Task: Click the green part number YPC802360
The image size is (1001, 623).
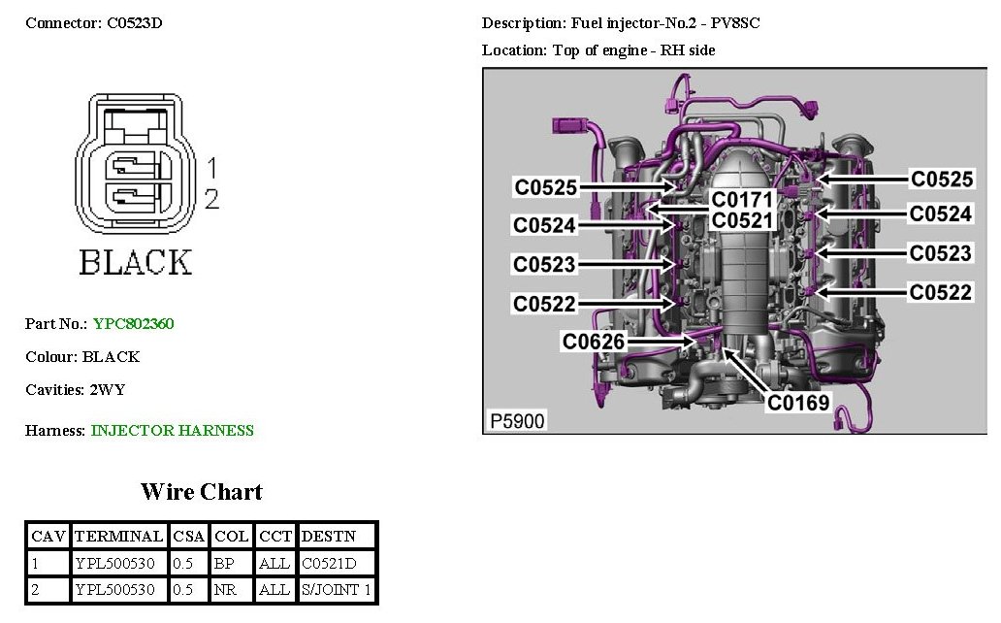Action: [134, 324]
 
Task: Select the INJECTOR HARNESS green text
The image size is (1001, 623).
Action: [173, 430]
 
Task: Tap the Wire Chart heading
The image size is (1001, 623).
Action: [202, 491]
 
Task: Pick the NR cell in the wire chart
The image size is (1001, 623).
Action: [224, 590]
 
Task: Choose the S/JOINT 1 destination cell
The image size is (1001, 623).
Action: [337, 590]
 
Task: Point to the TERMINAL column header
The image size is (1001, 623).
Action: [118, 536]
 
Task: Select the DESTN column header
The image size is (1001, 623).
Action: [329, 536]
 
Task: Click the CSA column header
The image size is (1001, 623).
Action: [188, 536]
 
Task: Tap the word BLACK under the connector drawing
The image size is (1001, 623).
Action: [135, 262]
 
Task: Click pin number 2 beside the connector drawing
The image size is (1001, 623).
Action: [211, 200]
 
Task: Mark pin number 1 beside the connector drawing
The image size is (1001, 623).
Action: [211, 169]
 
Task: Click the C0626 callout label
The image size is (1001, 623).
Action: [594, 342]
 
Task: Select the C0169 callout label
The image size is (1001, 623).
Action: [798, 402]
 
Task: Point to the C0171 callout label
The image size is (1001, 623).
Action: [743, 200]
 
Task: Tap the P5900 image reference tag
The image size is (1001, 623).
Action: [517, 421]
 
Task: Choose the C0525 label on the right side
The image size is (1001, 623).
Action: [941, 179]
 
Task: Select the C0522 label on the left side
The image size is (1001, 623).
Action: [545, 304]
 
